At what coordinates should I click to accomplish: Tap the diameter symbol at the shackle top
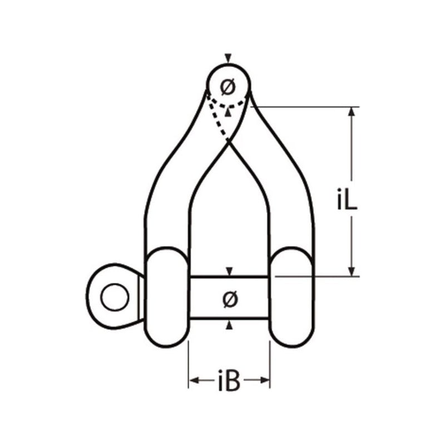(228, 87)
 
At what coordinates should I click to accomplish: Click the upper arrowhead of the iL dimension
(352, 112)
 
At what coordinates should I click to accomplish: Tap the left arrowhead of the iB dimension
(194, 381)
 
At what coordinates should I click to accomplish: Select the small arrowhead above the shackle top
(228, 58)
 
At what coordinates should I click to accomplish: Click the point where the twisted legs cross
(228, 143)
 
